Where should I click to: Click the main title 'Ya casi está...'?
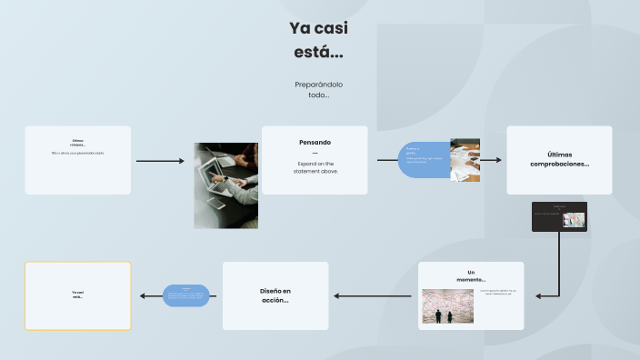pos(318,40)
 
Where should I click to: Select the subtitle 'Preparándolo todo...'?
pos(318,89)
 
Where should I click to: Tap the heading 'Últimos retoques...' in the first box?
pos(78,142)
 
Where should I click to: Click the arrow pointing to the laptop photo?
pos(160,161)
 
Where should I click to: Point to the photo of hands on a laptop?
pos(225,185)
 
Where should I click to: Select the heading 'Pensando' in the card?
pos(315,142)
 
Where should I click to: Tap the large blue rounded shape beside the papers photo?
pos(425,159)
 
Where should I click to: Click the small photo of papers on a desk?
pos(465,160)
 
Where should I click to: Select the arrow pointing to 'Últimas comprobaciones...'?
pos(491,160)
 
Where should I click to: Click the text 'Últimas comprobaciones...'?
pos(559,159)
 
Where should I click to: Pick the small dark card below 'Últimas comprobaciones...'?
pos(559,216)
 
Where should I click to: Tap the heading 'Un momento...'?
pos(471,275)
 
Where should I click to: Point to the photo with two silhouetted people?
pos(446,306)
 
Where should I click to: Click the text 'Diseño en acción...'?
pos(275,295)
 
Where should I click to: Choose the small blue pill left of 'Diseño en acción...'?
pos(186,295)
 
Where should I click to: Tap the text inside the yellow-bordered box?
pos(78,295)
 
